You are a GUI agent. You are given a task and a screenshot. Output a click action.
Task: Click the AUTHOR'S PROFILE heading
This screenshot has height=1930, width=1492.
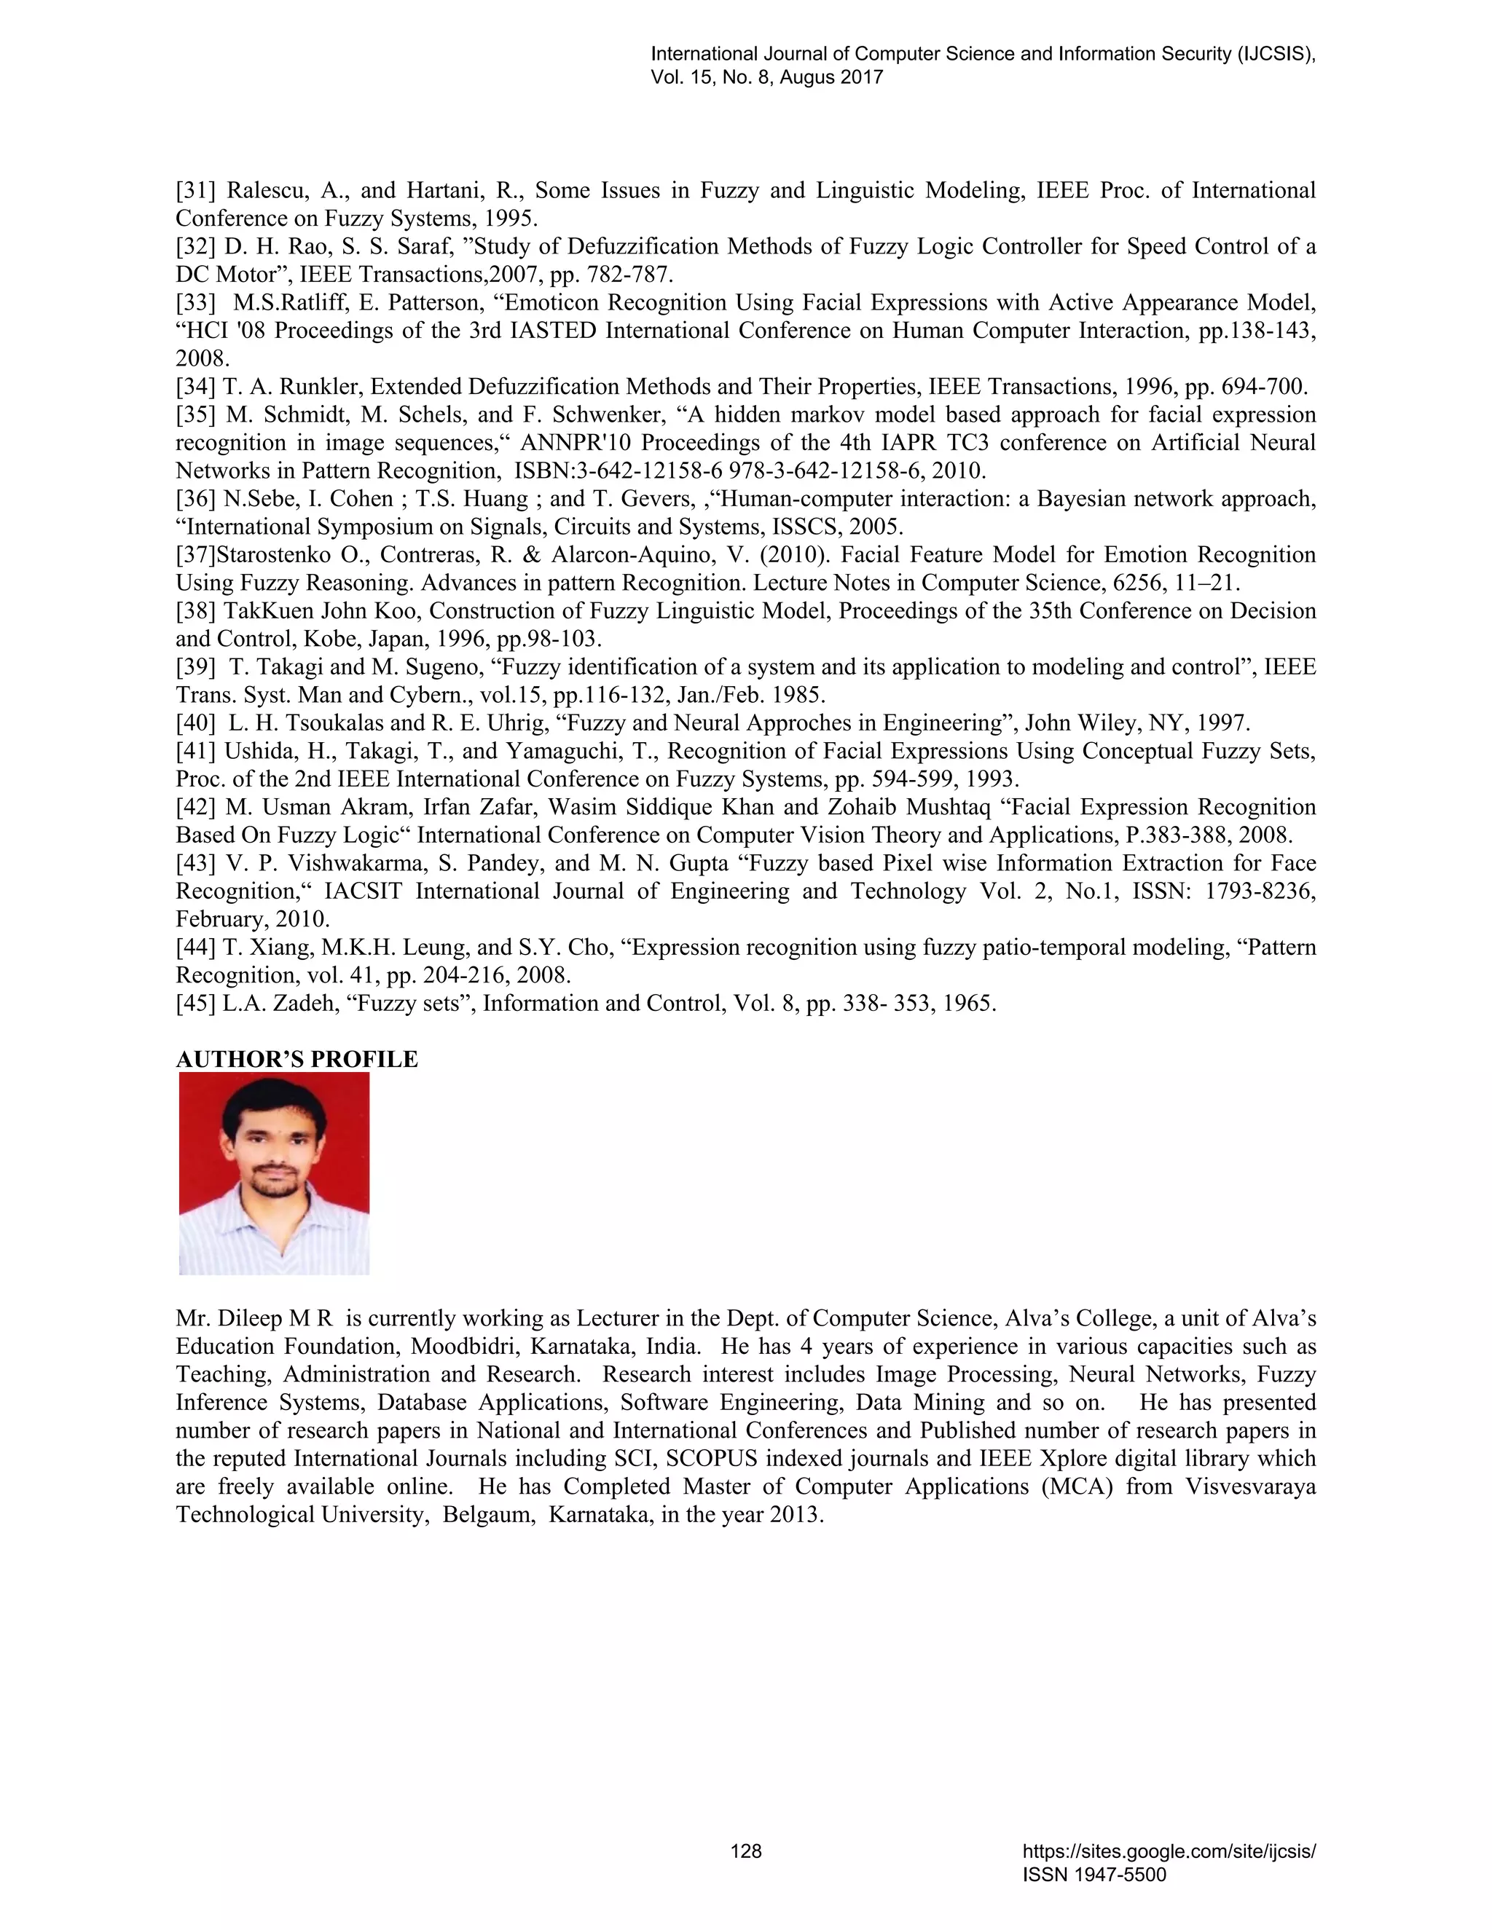tap(297, 1060)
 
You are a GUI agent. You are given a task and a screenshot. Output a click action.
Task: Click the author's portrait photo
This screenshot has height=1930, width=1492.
tap(274, 1173)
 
